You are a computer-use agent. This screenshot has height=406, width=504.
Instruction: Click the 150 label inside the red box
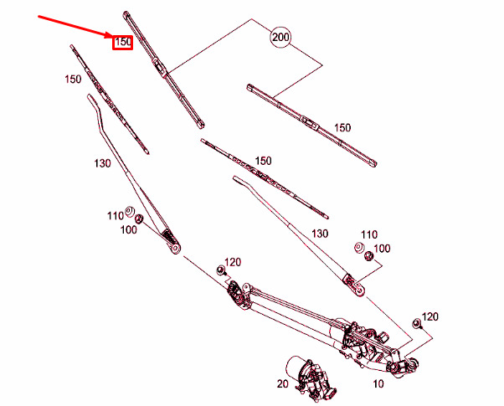click(x=123, y=40)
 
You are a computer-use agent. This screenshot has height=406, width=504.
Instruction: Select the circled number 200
click(x=280, y=39)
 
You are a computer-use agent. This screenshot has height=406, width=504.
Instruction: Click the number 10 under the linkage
click(x=378, y=384)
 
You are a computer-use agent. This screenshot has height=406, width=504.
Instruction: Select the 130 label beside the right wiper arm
click(x=320, y=234)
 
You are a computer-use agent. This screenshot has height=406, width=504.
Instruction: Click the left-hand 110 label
click(x=115, y=215)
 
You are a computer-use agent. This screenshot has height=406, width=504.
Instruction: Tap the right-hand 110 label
click(x=369, y=234)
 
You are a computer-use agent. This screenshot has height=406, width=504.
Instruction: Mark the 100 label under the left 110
click(x=129, y=229)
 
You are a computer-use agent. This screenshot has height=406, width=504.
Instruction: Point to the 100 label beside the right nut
click(x=382, y=249)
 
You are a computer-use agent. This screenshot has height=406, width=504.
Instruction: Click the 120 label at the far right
click(x=430, y=316)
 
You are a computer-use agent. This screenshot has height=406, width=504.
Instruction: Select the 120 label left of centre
click(x=233, y=263)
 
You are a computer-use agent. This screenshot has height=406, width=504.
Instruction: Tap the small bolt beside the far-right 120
click(x=415, y=323)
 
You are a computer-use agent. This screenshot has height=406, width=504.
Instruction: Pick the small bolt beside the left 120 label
click(x=221, y=270)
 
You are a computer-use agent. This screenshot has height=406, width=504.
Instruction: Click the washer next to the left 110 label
click(x=131, y=210)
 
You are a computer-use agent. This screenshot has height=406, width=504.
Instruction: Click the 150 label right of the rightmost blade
click(x=342, y=127)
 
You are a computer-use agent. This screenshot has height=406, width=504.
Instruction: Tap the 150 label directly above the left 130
click(x=72, y=80)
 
